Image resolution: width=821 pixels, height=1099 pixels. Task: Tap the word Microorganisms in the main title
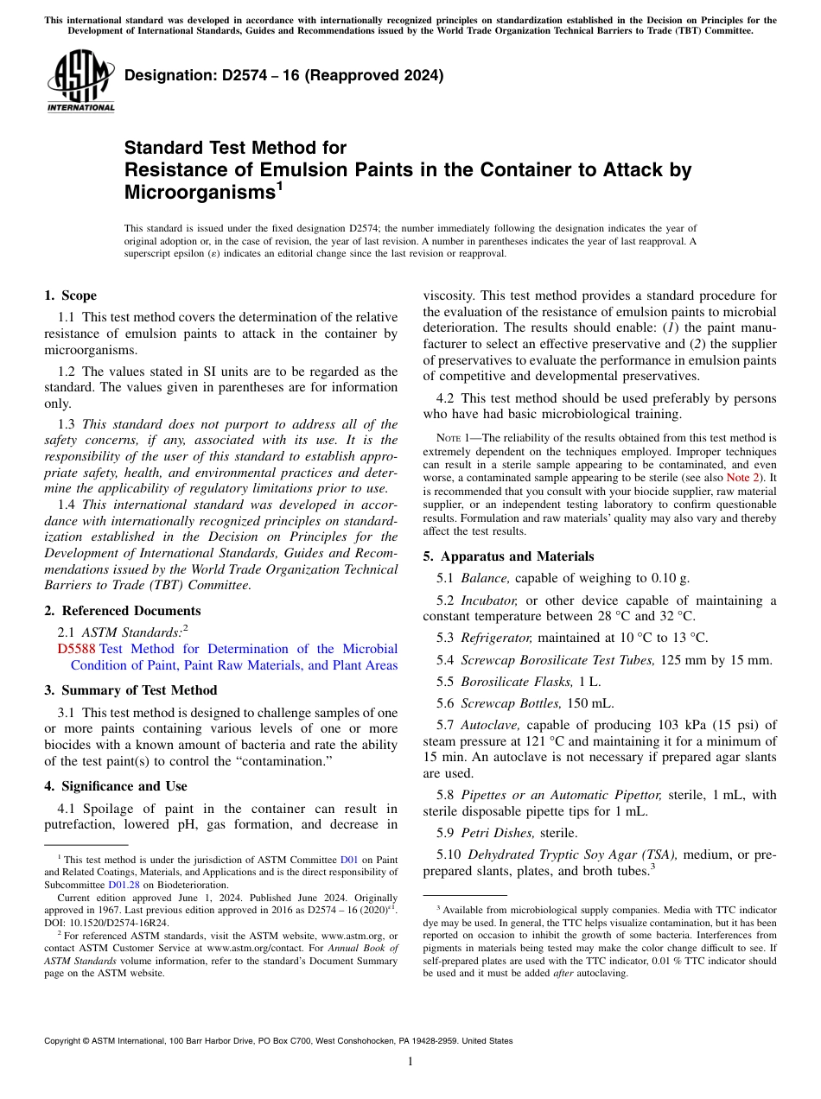pos(199,193)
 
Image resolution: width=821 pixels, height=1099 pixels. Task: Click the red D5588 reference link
pos(76,649)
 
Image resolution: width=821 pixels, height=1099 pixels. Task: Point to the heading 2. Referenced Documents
pos(122,611)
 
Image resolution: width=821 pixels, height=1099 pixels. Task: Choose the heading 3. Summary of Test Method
pos(130,690)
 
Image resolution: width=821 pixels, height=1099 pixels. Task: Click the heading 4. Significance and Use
pos(115,786)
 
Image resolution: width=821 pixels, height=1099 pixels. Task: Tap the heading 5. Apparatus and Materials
pos(508,556)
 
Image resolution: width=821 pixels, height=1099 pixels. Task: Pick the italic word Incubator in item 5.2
pos(489,600)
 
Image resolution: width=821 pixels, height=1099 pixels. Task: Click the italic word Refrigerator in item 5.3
pos(493,638)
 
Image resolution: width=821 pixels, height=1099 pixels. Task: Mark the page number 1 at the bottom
pos(410,1062)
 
